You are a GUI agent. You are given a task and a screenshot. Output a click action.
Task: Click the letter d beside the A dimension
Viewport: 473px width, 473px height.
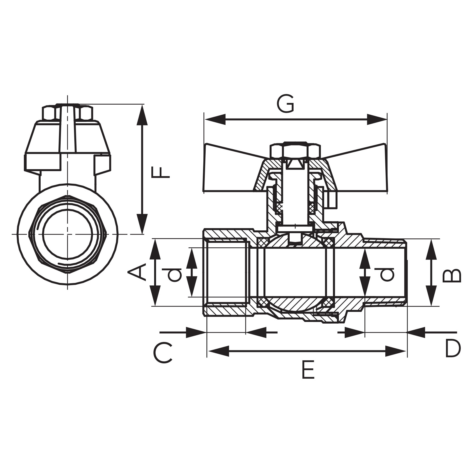pyautogui.click(x=174, y=275)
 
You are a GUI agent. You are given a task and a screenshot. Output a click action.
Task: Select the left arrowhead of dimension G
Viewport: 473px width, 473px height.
pyautogui.click(x=215, y=120)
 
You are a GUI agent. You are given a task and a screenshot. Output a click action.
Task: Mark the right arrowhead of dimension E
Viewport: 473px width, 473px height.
pyautogui.click(x=395, y=351)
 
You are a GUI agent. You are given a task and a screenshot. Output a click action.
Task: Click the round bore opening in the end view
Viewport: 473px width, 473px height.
pyautogui.click(x=67, y=234)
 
